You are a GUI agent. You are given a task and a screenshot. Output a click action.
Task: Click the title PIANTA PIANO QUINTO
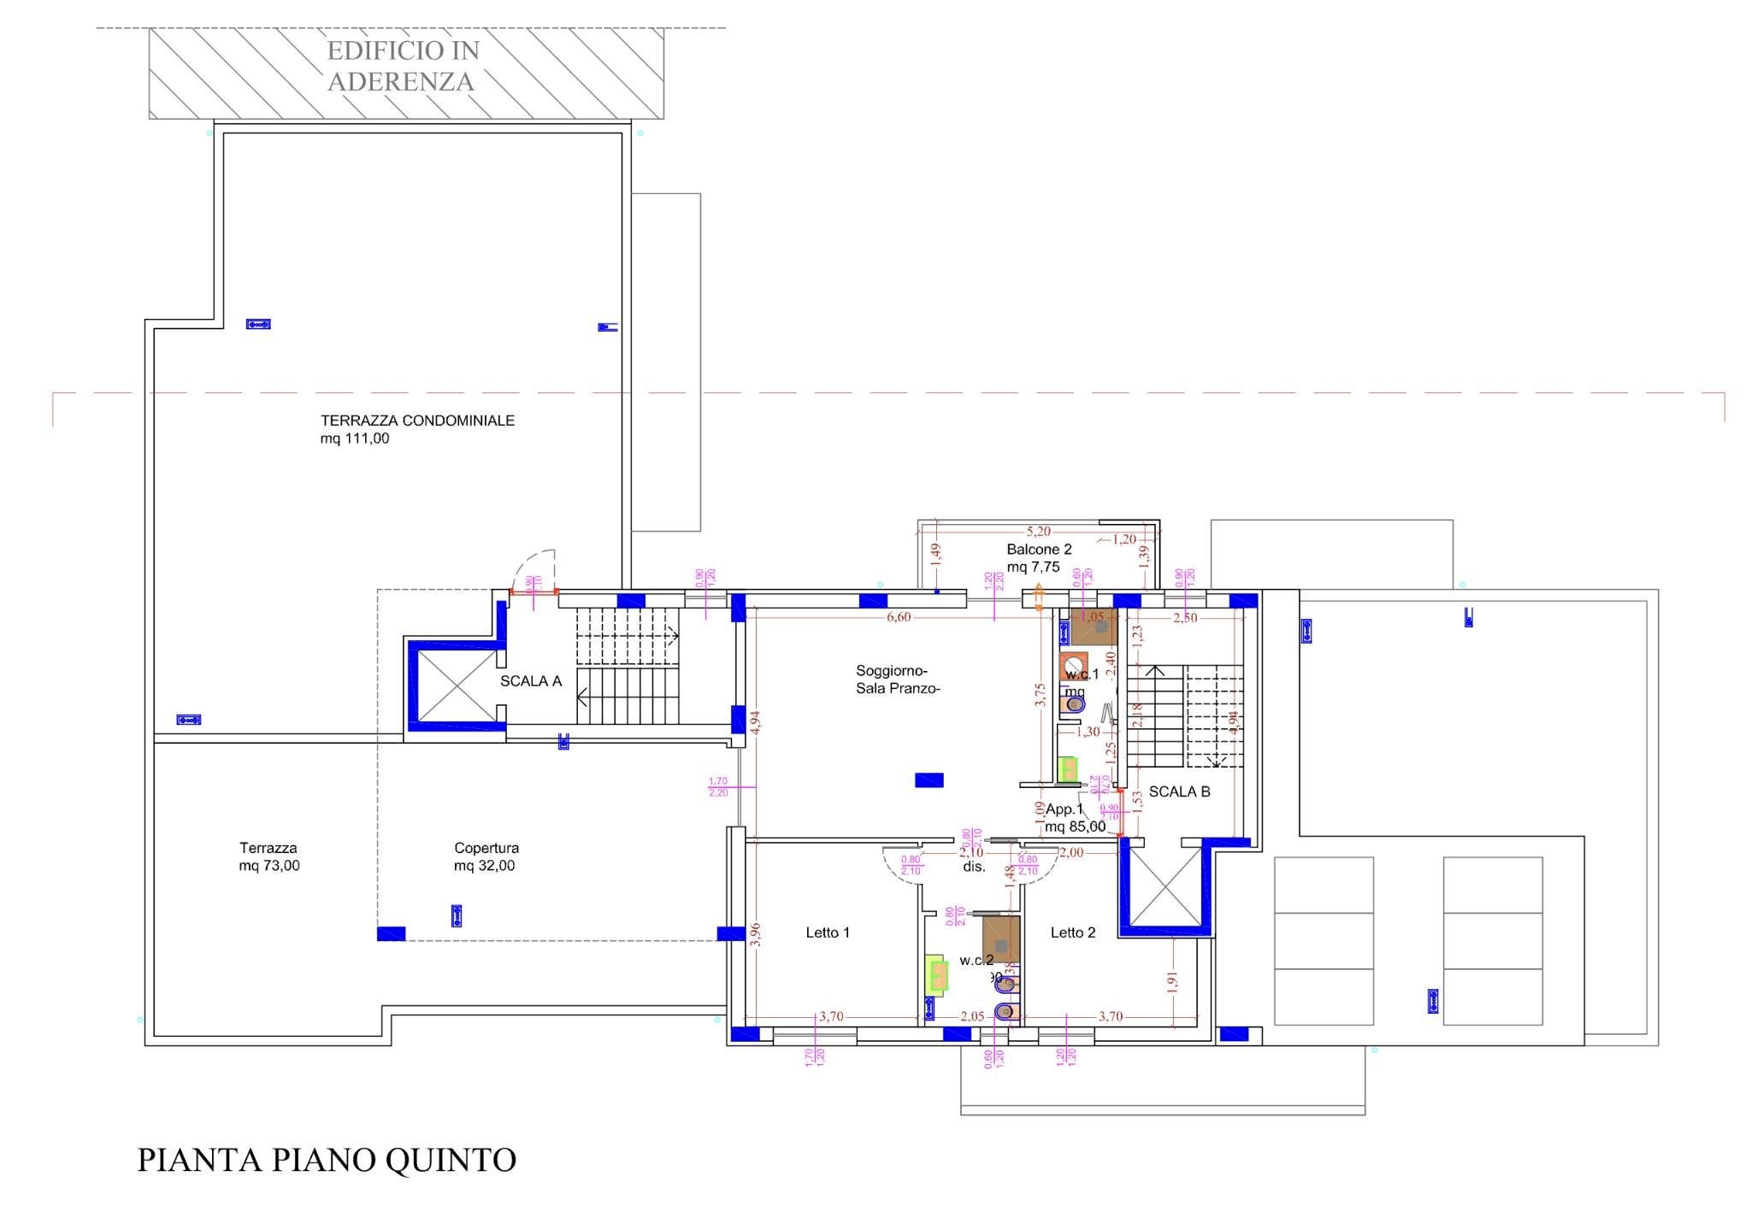click(x=327, y=1160)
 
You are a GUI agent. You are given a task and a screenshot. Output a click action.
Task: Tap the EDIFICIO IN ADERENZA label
click(x=402, y=66)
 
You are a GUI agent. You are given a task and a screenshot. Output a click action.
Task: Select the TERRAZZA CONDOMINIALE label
click(x=417, y=421)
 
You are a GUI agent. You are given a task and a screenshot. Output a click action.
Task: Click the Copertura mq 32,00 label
click(x=486, y=856)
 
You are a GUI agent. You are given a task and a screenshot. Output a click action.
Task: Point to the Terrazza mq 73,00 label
click(x=268, y=856)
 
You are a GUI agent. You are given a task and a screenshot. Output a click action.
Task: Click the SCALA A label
click(x=531, y=681)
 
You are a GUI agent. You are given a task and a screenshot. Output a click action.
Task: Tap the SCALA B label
click(x=1179, y=791)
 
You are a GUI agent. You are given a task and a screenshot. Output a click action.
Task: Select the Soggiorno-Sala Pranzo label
click(x=898, y=680)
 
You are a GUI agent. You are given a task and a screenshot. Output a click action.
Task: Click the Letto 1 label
click(x=828, y=933)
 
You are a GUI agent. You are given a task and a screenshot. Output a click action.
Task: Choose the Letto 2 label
click(x=1073, y=933)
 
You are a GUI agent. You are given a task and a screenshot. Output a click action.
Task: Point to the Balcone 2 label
click(x=1039, y=550)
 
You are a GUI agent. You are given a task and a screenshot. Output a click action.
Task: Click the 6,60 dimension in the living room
click(x=899, y=617)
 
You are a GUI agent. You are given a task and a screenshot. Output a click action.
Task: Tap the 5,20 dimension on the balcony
click(x=1038, y=532)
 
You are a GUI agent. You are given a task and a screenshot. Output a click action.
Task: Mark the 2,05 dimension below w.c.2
click(x=972, y=1016)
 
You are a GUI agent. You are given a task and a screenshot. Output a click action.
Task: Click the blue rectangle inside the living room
click(x=929, y=780)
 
